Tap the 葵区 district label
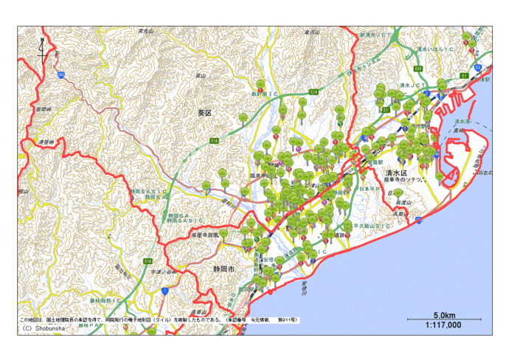205,113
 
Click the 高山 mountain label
199,76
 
